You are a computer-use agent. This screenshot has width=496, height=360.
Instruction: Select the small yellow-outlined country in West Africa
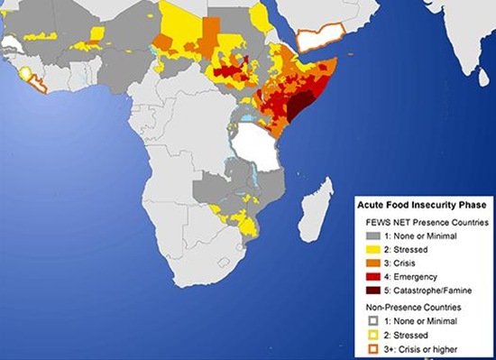coord(26,73)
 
